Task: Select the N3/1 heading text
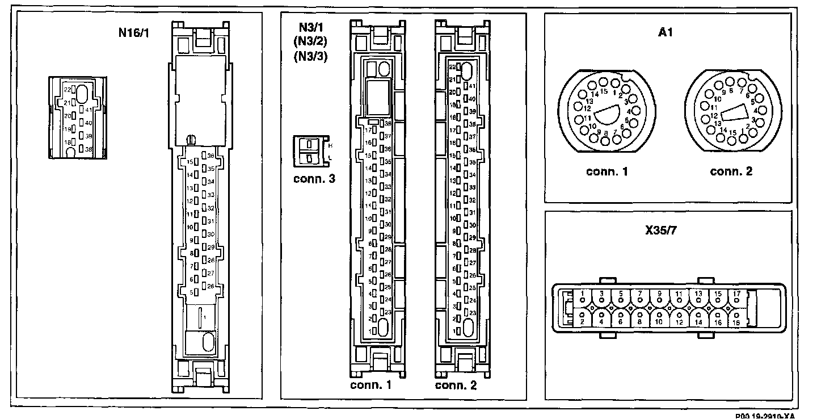tap(311, 28)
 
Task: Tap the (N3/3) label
tap(311, 56)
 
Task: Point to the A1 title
tap(666, 33)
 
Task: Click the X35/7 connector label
tap(665, 231)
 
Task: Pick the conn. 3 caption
tap(314, 179)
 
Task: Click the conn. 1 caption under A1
tap(607, 171)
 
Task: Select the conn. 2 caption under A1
tap(731, 171)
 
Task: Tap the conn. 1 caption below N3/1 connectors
tap(371, 386)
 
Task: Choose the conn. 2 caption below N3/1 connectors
tap(456, 386)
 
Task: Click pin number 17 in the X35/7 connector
tap(736, 294)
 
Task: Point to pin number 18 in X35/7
tap(736, 322)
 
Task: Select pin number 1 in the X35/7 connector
tap(583, 294)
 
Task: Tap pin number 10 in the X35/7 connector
tap(659, 322)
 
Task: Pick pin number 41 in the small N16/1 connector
tap(88, 110)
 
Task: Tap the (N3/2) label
tap(311, 43)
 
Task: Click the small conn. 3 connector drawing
tap(310, 150)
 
